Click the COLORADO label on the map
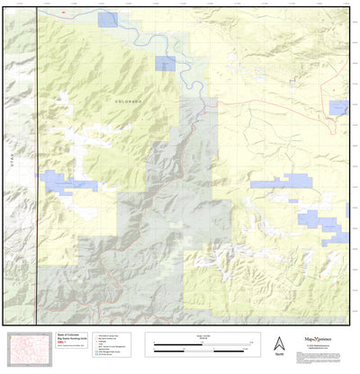[129, 103]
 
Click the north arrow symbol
[277, 343]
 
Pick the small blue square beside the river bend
[166, 63]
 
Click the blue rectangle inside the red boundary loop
[338, 108]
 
